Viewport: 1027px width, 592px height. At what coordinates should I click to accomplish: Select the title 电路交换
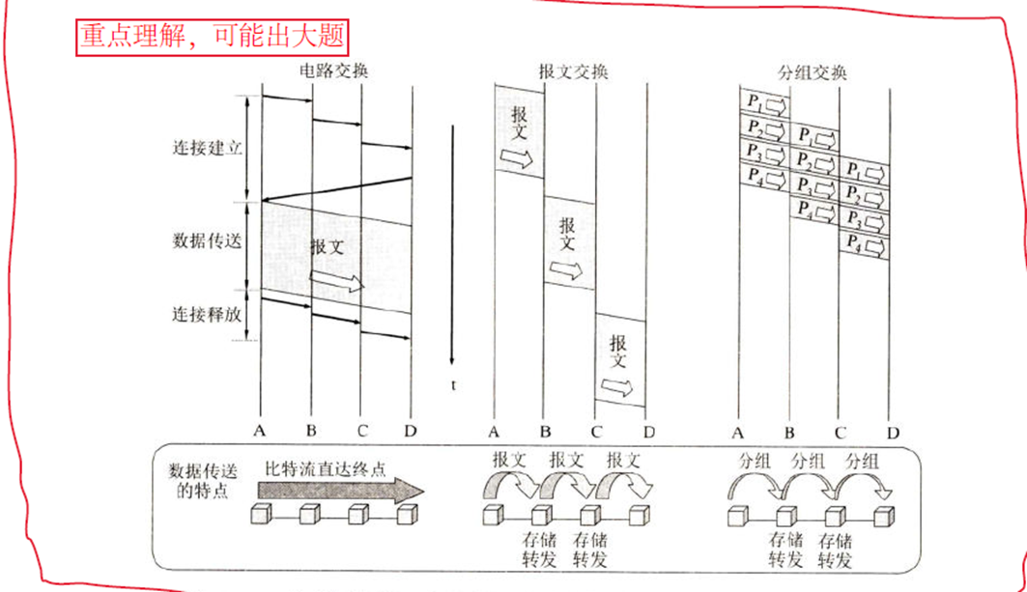point(334,72)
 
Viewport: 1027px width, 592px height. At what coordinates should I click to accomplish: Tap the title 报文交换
point(573,72)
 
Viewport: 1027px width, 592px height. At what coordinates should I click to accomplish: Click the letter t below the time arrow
point(452,385)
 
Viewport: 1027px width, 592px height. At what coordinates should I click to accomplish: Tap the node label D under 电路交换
point(412,431)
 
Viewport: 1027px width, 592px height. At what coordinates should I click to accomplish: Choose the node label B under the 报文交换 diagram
point(545,432)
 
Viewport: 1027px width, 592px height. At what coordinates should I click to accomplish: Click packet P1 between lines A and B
point(764,103)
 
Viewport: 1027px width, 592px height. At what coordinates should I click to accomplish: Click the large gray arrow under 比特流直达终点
point(338,490)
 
